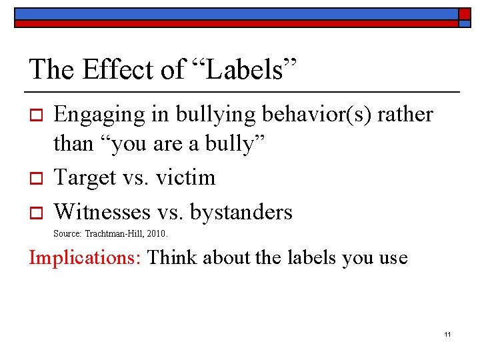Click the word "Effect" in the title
[x=109, y=69]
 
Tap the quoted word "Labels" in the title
[x=244, y=69]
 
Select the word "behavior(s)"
[x=316, y=115]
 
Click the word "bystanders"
[x=241, y=212]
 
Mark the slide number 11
[x=447, y=333]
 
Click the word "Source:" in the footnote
[x=67, y=234]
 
